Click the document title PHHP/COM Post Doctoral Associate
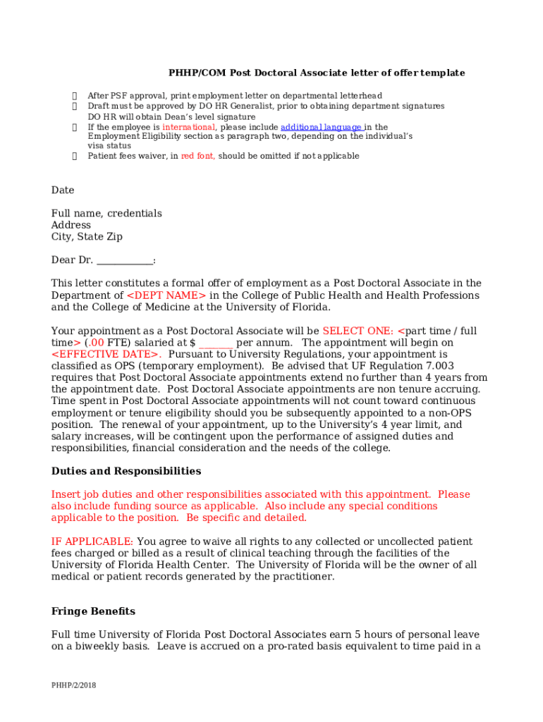click(316, 73)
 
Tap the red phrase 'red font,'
click(198, 156)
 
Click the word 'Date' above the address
click(63, 190)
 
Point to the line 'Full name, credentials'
click(106, 214)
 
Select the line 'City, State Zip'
click(87, 237)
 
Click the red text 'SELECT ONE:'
click(358, 331)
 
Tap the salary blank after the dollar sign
click(216, 343)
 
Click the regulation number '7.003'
click(439, 366)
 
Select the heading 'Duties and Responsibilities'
click(126, 471)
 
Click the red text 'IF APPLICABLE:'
click(92, 541)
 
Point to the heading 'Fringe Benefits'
click(93, 611)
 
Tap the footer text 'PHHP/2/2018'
click(73, 685)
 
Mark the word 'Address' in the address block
click(71, 226)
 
